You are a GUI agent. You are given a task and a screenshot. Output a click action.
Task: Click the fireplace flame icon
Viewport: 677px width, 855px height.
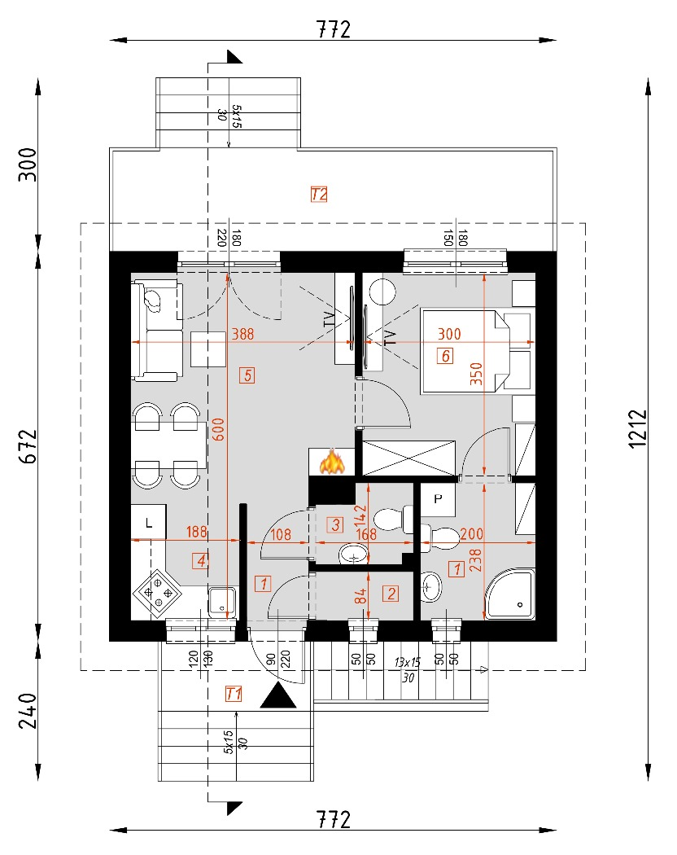pos(331,463)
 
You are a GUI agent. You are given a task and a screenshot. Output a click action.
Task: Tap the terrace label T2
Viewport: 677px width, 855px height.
pos(319,194)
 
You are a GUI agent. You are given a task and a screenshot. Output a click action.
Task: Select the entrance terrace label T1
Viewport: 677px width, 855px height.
pos(234,694)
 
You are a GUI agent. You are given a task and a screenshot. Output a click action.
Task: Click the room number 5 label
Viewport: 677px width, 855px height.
pos(248,375)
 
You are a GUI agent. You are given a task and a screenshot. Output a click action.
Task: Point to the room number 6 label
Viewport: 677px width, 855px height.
pos(444,355)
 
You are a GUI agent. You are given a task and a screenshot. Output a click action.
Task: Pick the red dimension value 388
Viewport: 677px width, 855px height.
pos(242,334)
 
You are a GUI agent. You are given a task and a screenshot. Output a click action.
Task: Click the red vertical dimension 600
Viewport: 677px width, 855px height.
pos(217,428)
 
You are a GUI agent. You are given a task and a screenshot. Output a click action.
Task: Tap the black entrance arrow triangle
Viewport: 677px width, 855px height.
pos(281,696)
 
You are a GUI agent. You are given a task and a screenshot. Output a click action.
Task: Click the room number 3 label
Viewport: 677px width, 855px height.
pos(334,525)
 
